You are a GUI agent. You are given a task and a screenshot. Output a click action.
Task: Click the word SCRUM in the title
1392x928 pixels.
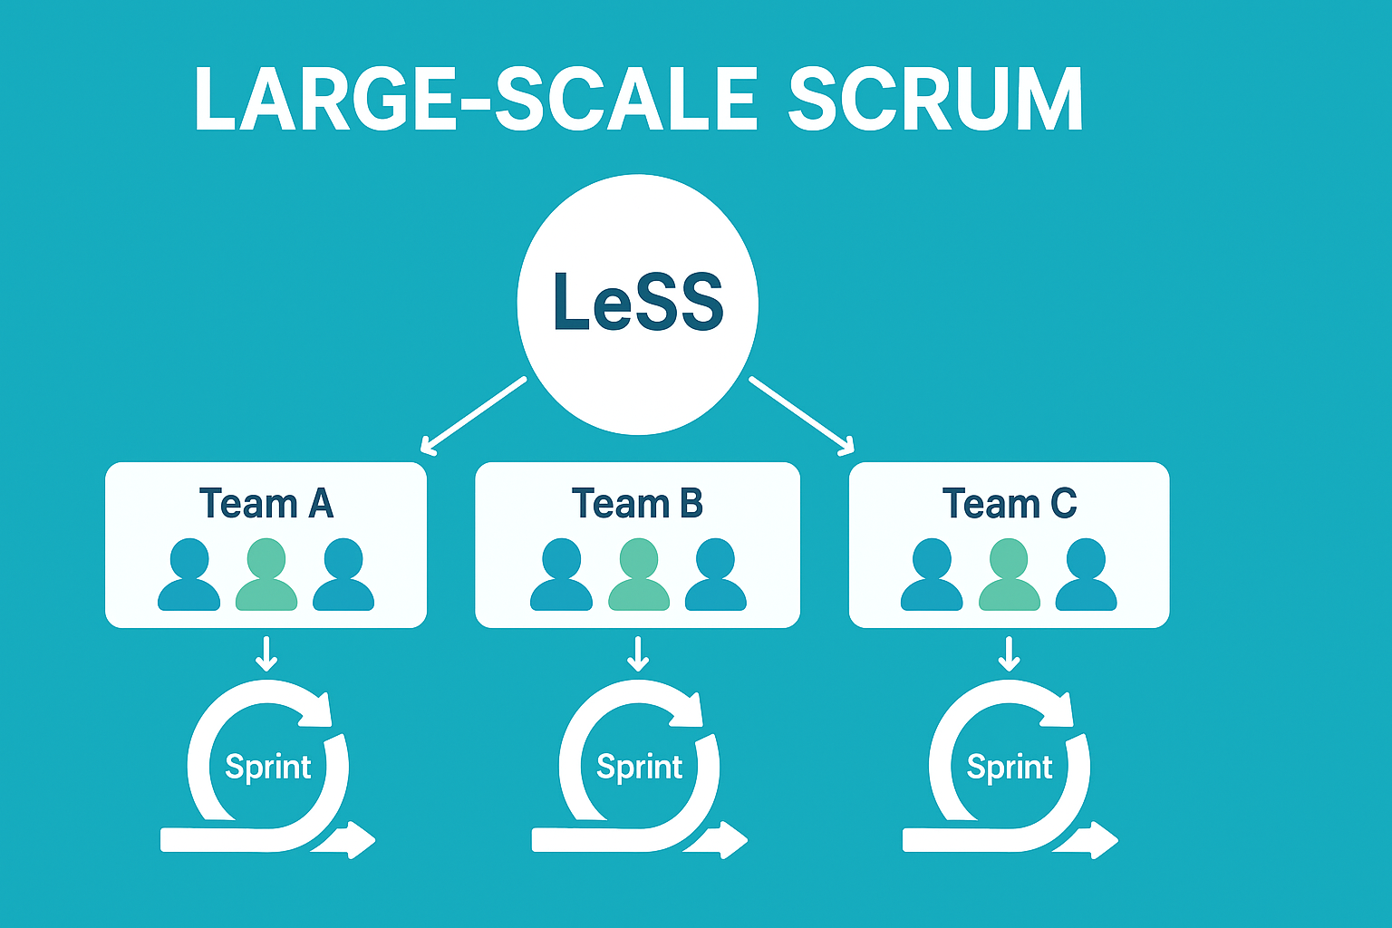(x=935, y=100)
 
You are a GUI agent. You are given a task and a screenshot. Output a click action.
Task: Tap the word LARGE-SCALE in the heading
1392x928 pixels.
(x=476, y=100)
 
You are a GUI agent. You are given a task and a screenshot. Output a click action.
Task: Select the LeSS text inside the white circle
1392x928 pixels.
(x=638, y=301)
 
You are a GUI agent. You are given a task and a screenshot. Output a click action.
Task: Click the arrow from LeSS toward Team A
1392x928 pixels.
(x=473, y=414)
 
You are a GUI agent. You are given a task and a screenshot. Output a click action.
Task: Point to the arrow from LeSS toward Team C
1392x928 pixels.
(x=802, y=415)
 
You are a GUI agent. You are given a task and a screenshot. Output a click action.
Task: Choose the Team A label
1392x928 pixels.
(x=266, y=503)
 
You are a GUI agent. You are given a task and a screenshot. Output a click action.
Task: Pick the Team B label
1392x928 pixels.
(x=637, y=503)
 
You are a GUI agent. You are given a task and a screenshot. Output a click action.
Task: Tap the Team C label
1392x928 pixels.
(x=1010, y=503)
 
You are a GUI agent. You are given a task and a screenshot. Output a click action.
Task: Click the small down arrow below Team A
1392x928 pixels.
(x=266, y=653)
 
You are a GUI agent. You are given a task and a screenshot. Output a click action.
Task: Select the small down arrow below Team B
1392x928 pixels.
(x=639, y=653)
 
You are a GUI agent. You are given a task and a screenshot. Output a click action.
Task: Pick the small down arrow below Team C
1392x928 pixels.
(x=1009, y=653)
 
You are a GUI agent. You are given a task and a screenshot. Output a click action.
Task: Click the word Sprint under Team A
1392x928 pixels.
(x=268, y=768)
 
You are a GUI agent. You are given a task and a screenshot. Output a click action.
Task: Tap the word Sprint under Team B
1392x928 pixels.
(x=639, y=768)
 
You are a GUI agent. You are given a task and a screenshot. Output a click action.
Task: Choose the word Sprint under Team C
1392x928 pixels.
(x=1010, y=768)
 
